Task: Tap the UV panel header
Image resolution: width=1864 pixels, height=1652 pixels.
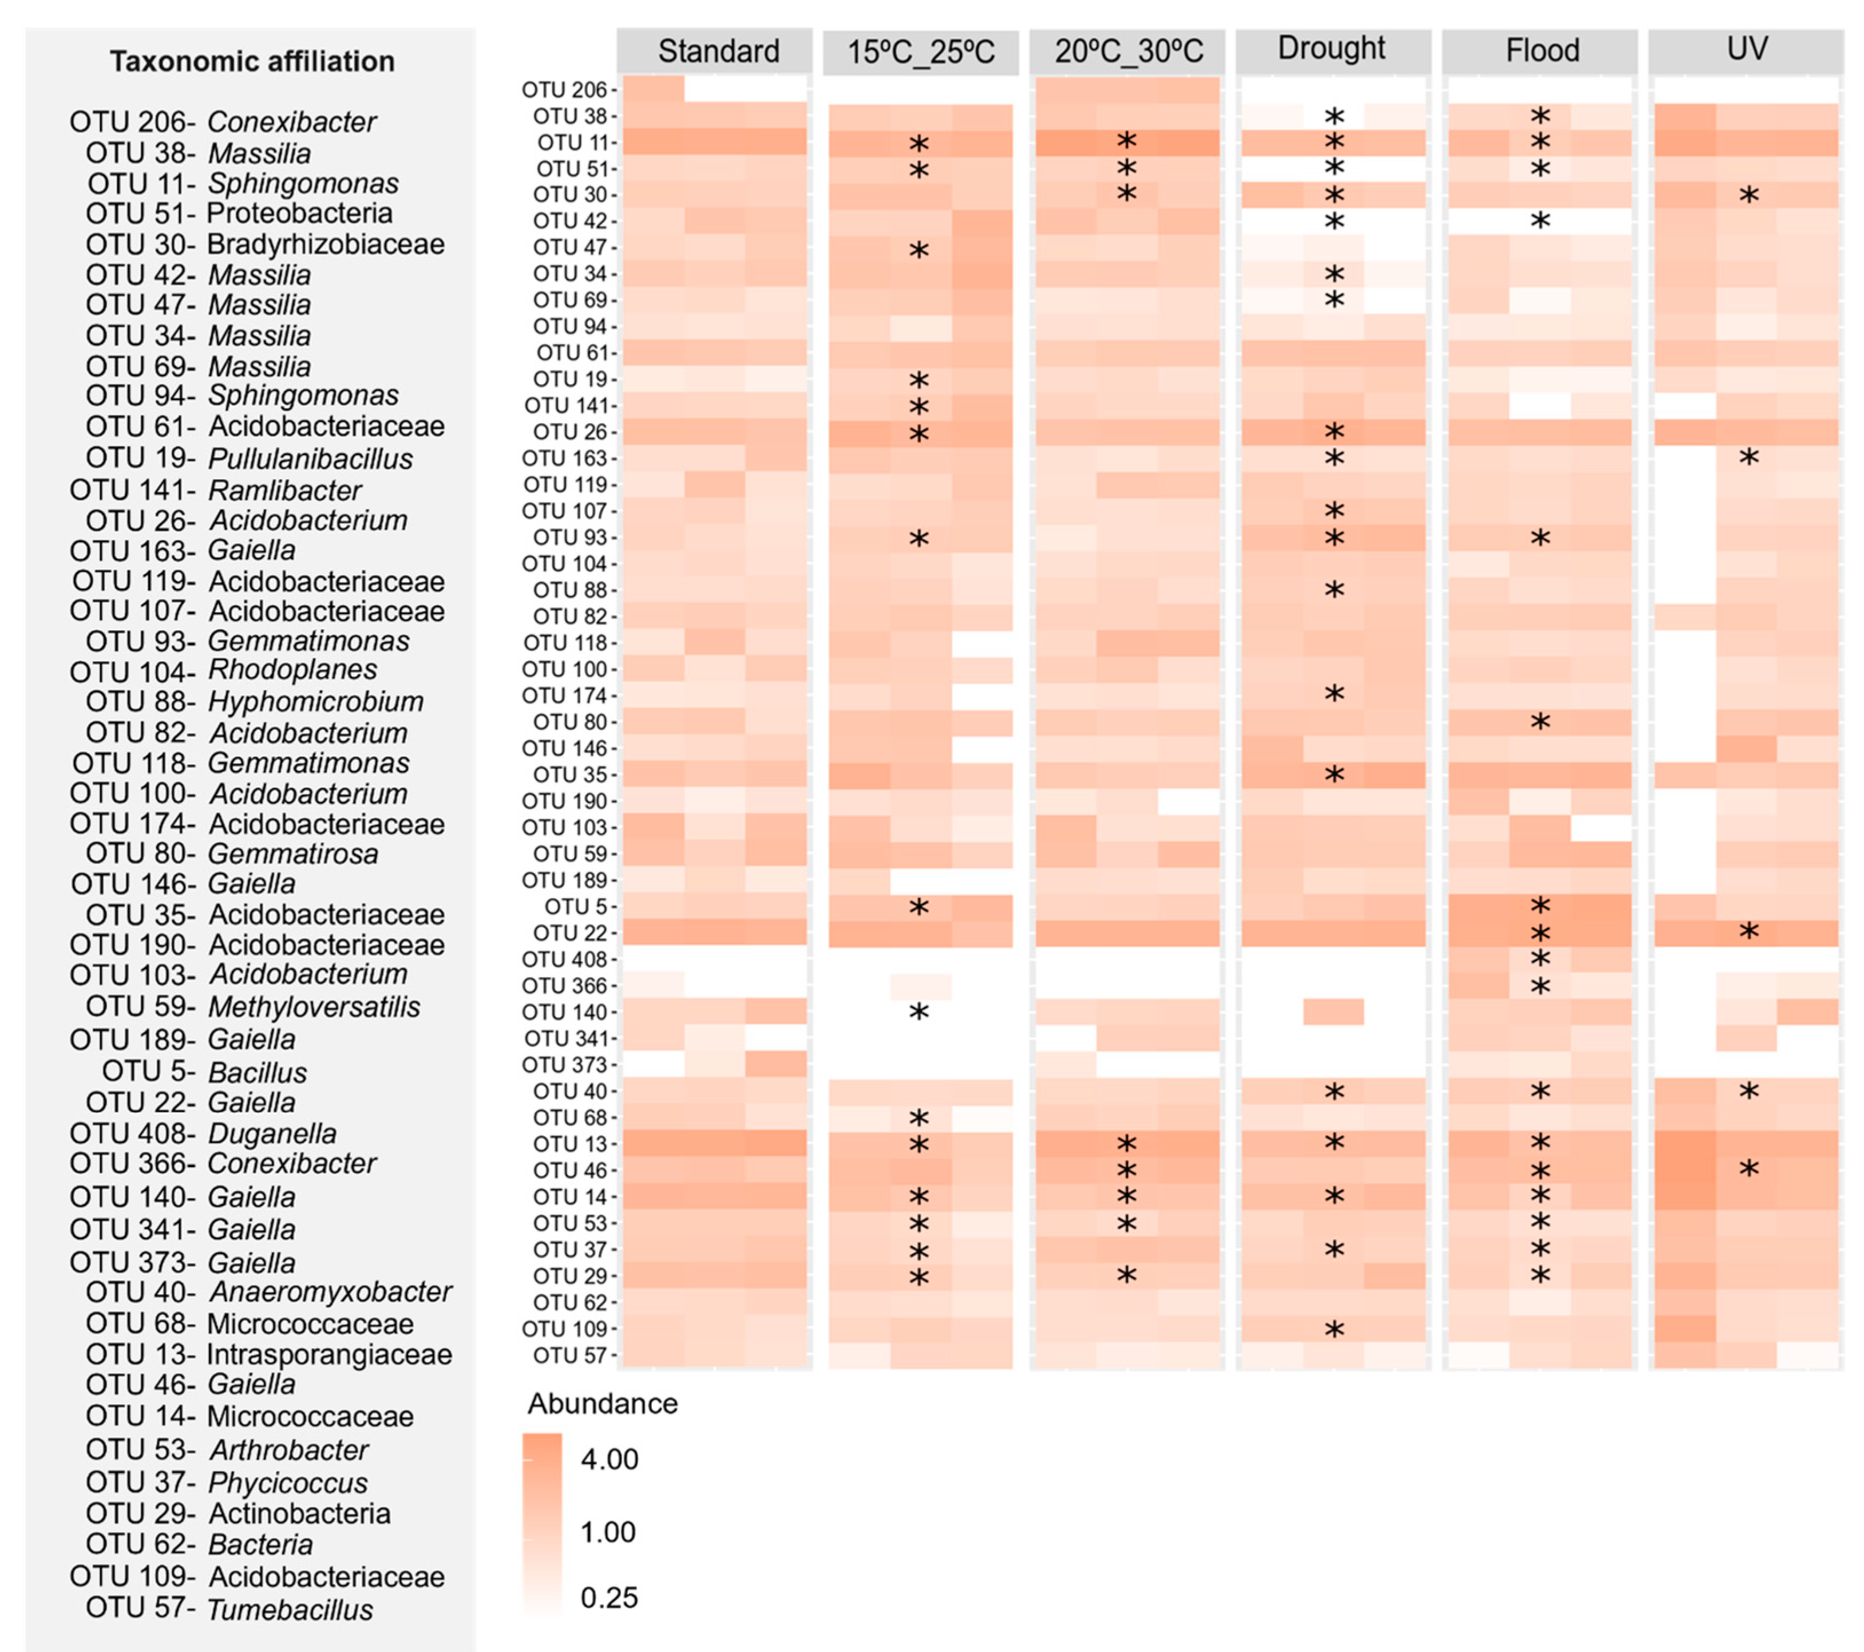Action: point(1746,48)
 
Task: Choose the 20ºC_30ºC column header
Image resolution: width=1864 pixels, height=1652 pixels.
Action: point(1128,51)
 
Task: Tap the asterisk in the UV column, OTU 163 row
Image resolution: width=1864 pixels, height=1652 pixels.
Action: point(1748,458)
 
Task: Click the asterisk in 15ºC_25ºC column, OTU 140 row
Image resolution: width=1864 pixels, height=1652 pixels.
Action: point(919,1013)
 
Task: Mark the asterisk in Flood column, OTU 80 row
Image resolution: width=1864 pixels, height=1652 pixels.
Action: point(1540,722)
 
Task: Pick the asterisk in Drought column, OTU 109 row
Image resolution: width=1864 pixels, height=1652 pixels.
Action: point(1334,1330)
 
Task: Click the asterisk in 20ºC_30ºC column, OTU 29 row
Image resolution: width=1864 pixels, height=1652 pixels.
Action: point(1127,1276)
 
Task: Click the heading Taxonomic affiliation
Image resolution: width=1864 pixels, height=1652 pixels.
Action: point(252,61)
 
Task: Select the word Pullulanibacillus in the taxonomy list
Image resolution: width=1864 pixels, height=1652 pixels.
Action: point(310,459)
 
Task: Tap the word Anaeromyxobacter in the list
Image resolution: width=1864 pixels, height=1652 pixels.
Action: point(330,1292)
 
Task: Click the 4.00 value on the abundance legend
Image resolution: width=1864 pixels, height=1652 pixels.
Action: point(609,1459)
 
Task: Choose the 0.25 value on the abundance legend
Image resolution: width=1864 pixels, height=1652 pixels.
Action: point(609,1597)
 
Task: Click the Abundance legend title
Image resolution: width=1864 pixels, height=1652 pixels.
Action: point(603,1403)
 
